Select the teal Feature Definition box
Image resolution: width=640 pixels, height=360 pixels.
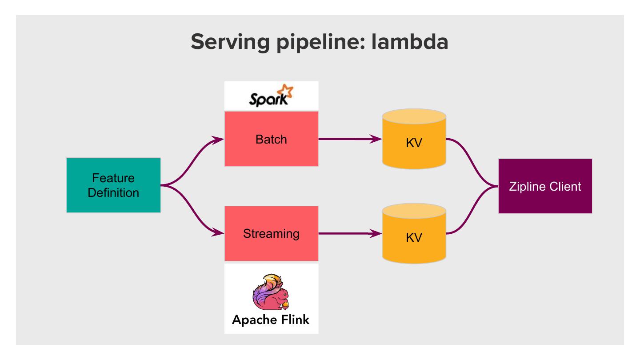[113, 185]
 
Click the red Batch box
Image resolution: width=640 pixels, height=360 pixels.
[271, 139]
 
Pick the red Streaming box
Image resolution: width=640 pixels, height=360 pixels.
[271, 233]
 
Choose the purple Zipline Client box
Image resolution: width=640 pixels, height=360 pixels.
[545, 186]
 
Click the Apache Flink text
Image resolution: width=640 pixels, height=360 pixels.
[271, 319]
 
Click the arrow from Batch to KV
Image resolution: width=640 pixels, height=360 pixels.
[349, 139]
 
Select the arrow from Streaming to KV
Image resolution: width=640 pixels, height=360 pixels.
[349, 233]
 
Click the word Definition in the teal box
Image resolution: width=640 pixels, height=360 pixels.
[113, 193]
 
